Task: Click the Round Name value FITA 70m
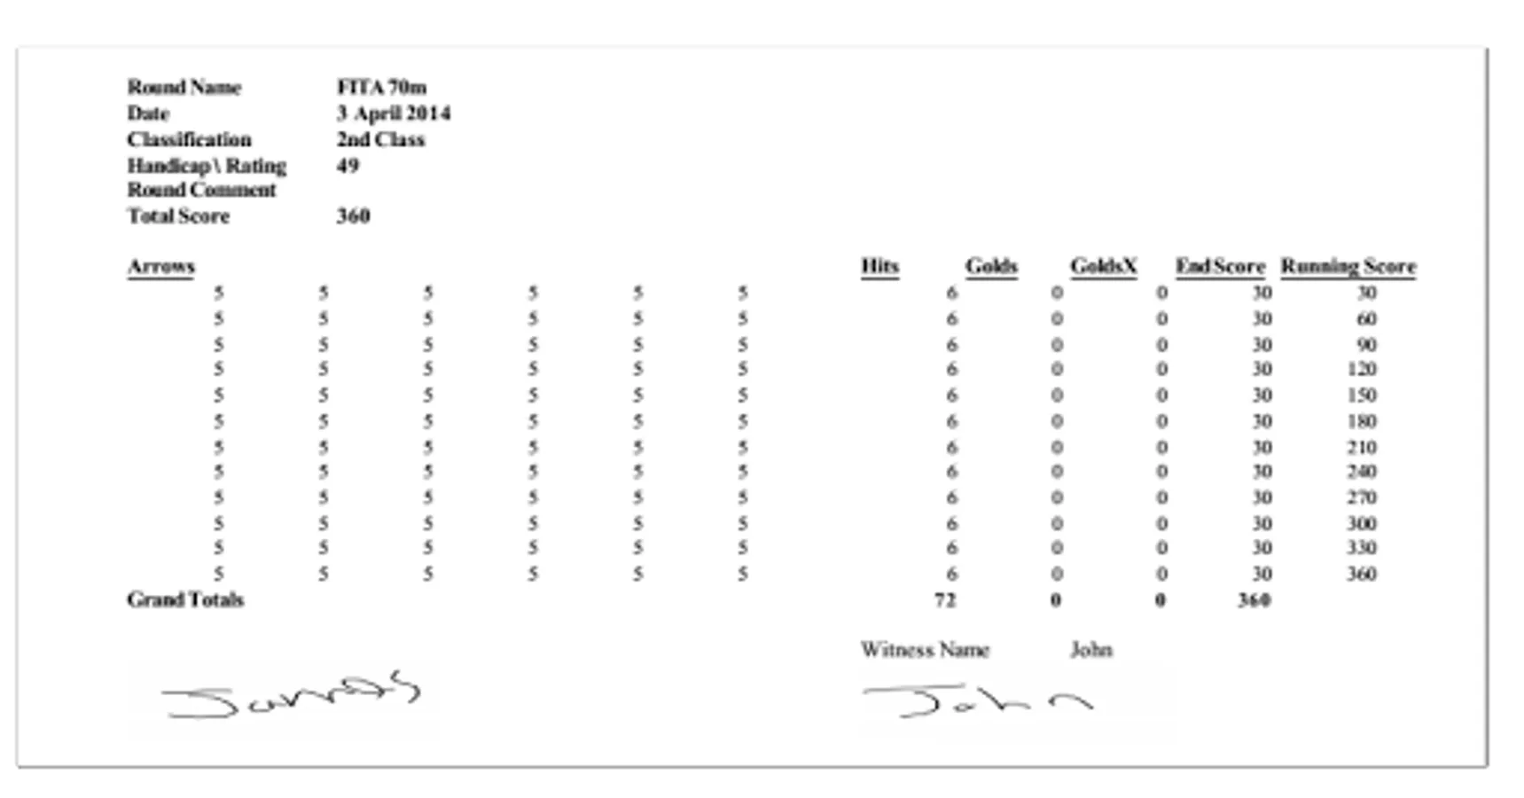[381, 87]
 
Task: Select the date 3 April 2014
[393, 113]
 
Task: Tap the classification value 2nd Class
[380, 139]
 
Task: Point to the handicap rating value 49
[348, 165]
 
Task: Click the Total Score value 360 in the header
[353, 215]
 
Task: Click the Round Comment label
[201, 190]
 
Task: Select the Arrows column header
[160, 266]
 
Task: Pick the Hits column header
[879, 266]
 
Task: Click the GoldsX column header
[1103, 266]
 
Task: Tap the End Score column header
[1220, 266]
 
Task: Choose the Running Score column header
[1348, 266]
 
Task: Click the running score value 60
[1366, 318]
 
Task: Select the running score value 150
[1362, 395]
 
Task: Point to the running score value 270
[1362, 497]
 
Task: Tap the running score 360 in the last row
[1362, 574]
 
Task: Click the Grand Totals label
[185, 599]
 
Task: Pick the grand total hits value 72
[945, 600]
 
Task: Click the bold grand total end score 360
[1254, 600]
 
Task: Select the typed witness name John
[1091, 650]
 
